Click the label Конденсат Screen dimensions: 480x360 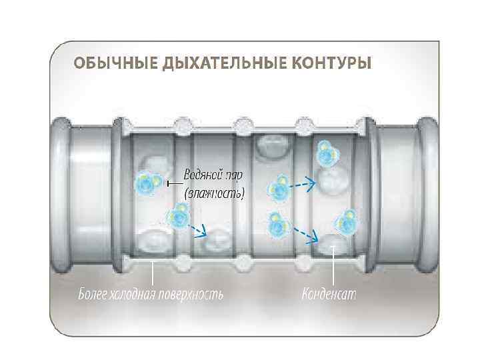[329, 294]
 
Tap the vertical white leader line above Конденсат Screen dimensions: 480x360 [333, 267]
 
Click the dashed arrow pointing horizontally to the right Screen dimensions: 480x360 [305, 182]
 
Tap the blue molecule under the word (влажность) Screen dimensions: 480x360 [179, 216]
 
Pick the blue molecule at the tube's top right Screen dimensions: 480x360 [327, 154]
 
